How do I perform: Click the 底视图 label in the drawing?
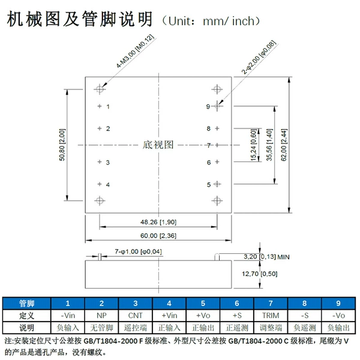pyautogui.click(x=158, y=145)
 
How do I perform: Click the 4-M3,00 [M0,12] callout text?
pyautogui.click(x=135, y=51)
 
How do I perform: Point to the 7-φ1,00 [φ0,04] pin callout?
pyautogui.click(x=138, y=251)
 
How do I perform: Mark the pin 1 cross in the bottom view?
pyautogui.click(x=100, y=106)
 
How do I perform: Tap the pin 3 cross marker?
pyautogui.click(x=100, y=162)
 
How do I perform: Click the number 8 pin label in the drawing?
pyautogui.click(x=208, y=128)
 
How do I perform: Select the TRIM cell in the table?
pyautogui.click(x=271, y=316)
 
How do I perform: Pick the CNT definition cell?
pyautogui.click(x=136, y=316)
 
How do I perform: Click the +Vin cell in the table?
pyautogui.click(x=169, y=316)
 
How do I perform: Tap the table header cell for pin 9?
pyautogui.click(x=338, y=303)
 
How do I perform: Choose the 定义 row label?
pyautogui.click(x=26, y=316)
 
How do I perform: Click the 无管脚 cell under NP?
pyautogui.click(x=102, y=328)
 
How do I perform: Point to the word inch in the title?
pyautogui.click(x=244, y=21)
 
